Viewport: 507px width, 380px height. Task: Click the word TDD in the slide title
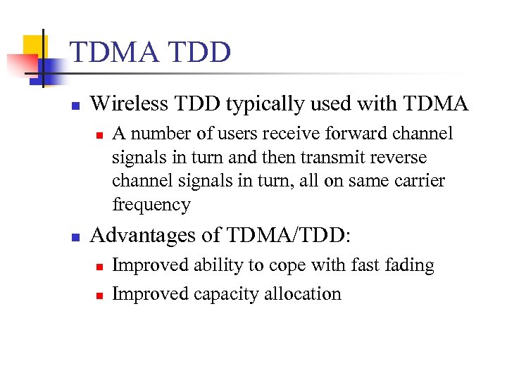coord(201,53)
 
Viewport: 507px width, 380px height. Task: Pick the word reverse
coord(401,158)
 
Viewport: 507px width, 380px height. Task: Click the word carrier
coord(419,182)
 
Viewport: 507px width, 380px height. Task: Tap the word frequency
coord(151,205)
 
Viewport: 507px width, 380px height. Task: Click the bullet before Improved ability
coord(99,267)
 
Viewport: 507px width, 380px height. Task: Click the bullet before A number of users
coord(99,134)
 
